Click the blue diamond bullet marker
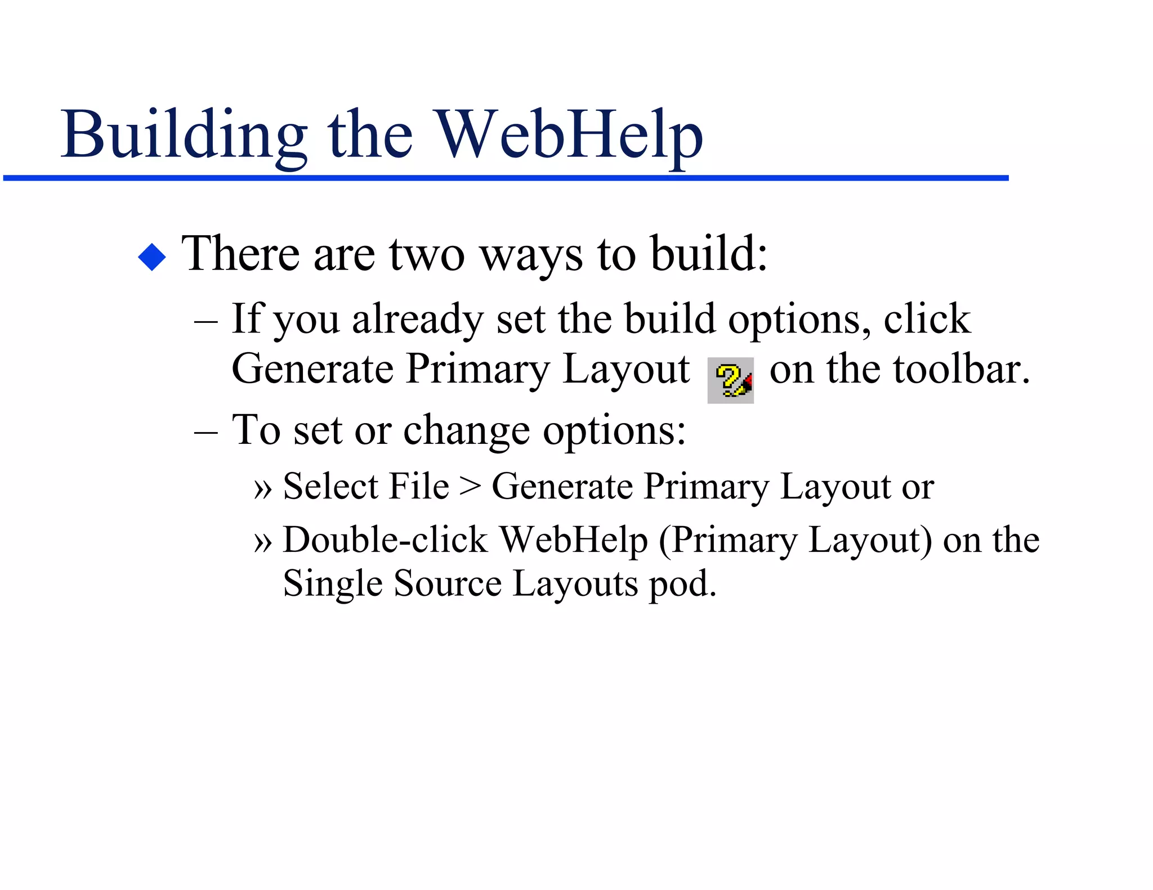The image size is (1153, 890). click(152, 257)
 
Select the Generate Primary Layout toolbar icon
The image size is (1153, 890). click(730, 380)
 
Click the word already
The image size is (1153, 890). click(417, 319)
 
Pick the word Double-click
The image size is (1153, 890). click(385, 540)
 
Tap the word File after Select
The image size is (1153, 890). click(419, 486)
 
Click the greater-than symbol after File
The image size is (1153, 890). click(470, 486)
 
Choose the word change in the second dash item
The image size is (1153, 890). click(467, 431)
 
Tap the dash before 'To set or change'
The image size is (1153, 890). click(205, 434)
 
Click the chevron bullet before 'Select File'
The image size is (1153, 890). click(263, 488)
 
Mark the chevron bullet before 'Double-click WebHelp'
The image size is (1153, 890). click(263, 542)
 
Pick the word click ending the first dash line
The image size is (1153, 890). click(927, 319)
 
